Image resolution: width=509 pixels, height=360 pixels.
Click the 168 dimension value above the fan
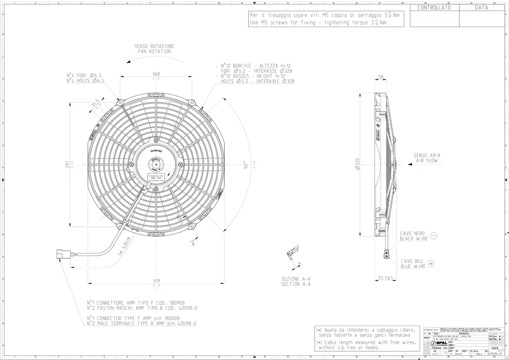tap(156, 74)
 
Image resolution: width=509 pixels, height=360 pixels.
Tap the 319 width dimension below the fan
tap(156, 280)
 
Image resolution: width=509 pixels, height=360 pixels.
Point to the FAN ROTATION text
tap(154, 51)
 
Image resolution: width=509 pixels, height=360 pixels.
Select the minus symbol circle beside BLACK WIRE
tap(433, 235)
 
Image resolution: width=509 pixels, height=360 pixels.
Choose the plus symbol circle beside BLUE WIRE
tap(431, 263)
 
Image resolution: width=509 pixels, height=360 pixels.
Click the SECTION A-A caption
tap(296, 284)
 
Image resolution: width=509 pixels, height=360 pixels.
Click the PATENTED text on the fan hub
tap(156, 150)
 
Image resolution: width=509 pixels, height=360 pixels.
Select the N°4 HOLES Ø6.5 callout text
tap(85, 81)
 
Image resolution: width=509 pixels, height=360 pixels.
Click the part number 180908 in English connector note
tap(172, 318)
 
